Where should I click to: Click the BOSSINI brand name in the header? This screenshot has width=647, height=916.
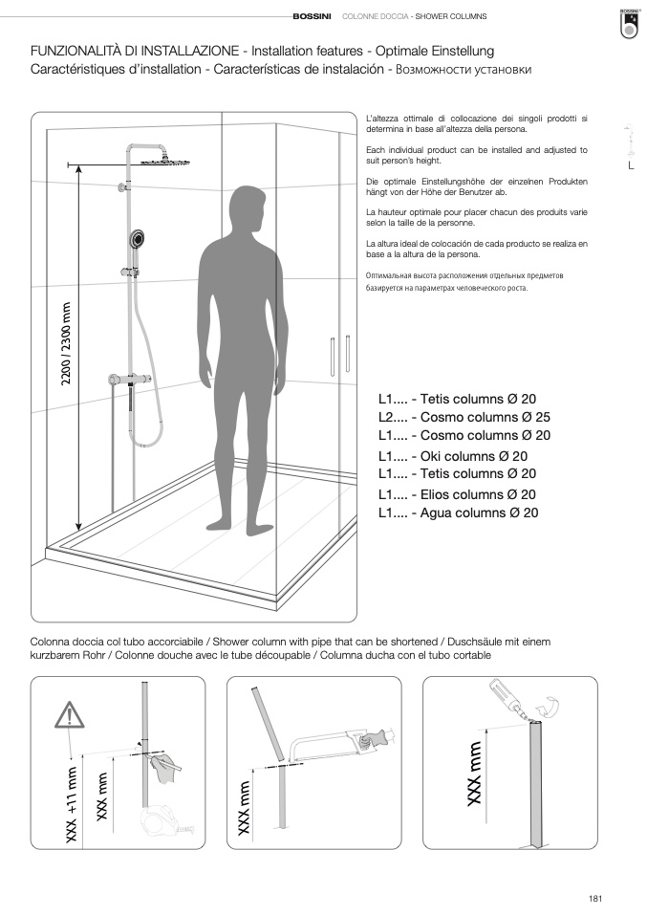313,17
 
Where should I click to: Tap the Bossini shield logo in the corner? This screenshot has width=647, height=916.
629,23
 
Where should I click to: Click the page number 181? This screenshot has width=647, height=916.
595,898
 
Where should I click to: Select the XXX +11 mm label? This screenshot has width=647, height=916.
70,803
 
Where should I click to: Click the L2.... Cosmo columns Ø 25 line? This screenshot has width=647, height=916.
464,417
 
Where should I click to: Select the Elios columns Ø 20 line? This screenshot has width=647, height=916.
457,494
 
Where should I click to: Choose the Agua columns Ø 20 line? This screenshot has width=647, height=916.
459,513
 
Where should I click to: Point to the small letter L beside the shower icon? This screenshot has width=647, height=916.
631,166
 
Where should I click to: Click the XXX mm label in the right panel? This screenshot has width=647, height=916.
475,774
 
